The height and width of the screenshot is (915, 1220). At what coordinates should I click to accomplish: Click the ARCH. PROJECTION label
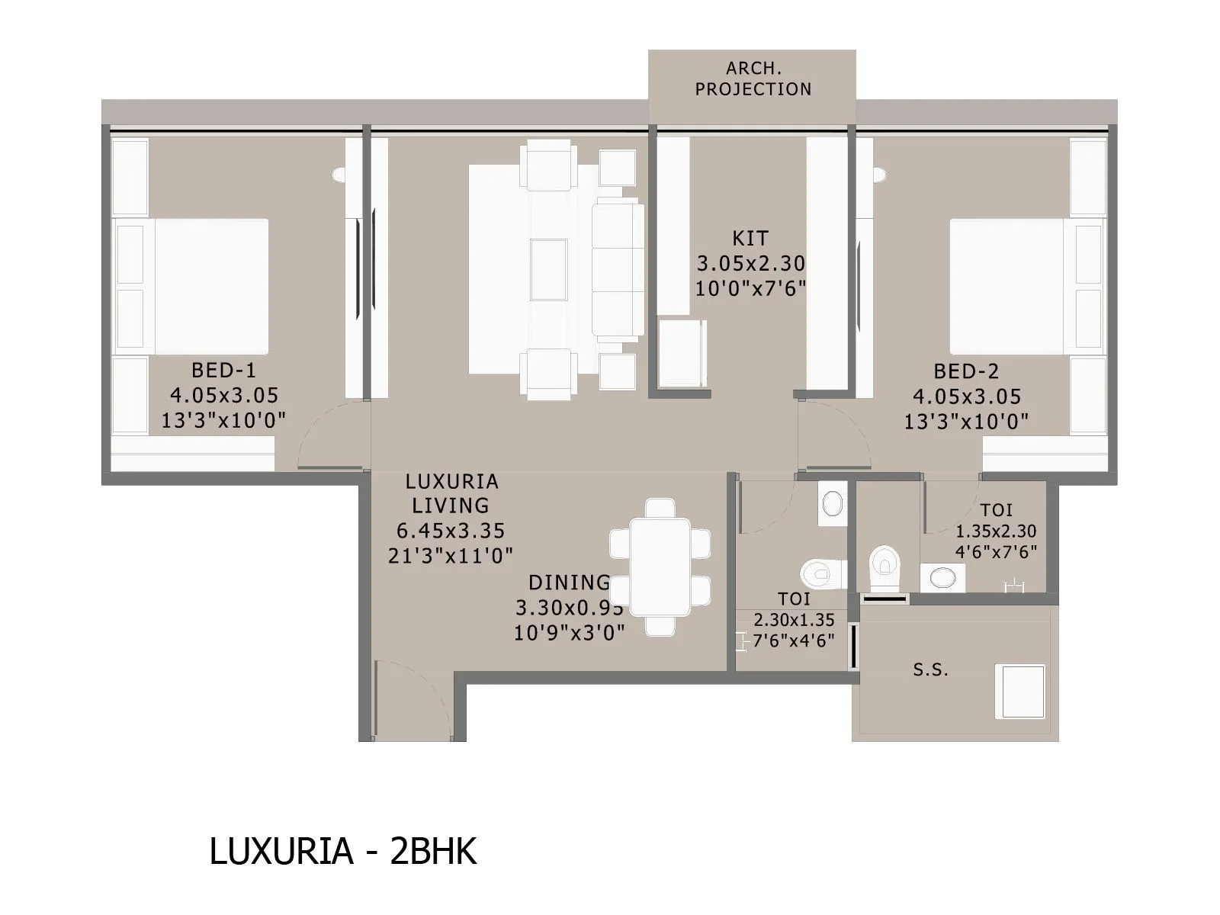pos(753,79)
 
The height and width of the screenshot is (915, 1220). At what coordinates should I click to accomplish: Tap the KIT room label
pos(751,238)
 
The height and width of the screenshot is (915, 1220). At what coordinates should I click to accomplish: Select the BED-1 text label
pos(223,371)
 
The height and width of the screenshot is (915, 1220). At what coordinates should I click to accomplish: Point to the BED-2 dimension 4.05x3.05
pos(966,396)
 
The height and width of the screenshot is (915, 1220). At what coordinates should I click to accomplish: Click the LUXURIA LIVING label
pos(451,493)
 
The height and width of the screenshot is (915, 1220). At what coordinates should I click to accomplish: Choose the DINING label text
pos(569,583)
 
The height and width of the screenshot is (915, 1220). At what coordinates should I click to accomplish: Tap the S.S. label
pos(930,670)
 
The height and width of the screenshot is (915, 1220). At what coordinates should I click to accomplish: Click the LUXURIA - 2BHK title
pos(342,852)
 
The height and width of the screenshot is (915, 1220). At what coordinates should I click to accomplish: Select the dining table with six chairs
pos(660,567)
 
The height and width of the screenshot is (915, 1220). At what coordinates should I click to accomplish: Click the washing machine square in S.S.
pos(1019,691)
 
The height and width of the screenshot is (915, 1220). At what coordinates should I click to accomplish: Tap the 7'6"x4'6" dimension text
pos(793,640)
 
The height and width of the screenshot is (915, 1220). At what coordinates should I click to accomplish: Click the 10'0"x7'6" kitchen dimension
pos(750,289)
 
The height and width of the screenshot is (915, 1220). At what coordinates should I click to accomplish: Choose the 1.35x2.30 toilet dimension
pos(996,531)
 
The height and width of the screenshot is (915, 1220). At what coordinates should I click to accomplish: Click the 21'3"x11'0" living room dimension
pos(450,555)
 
